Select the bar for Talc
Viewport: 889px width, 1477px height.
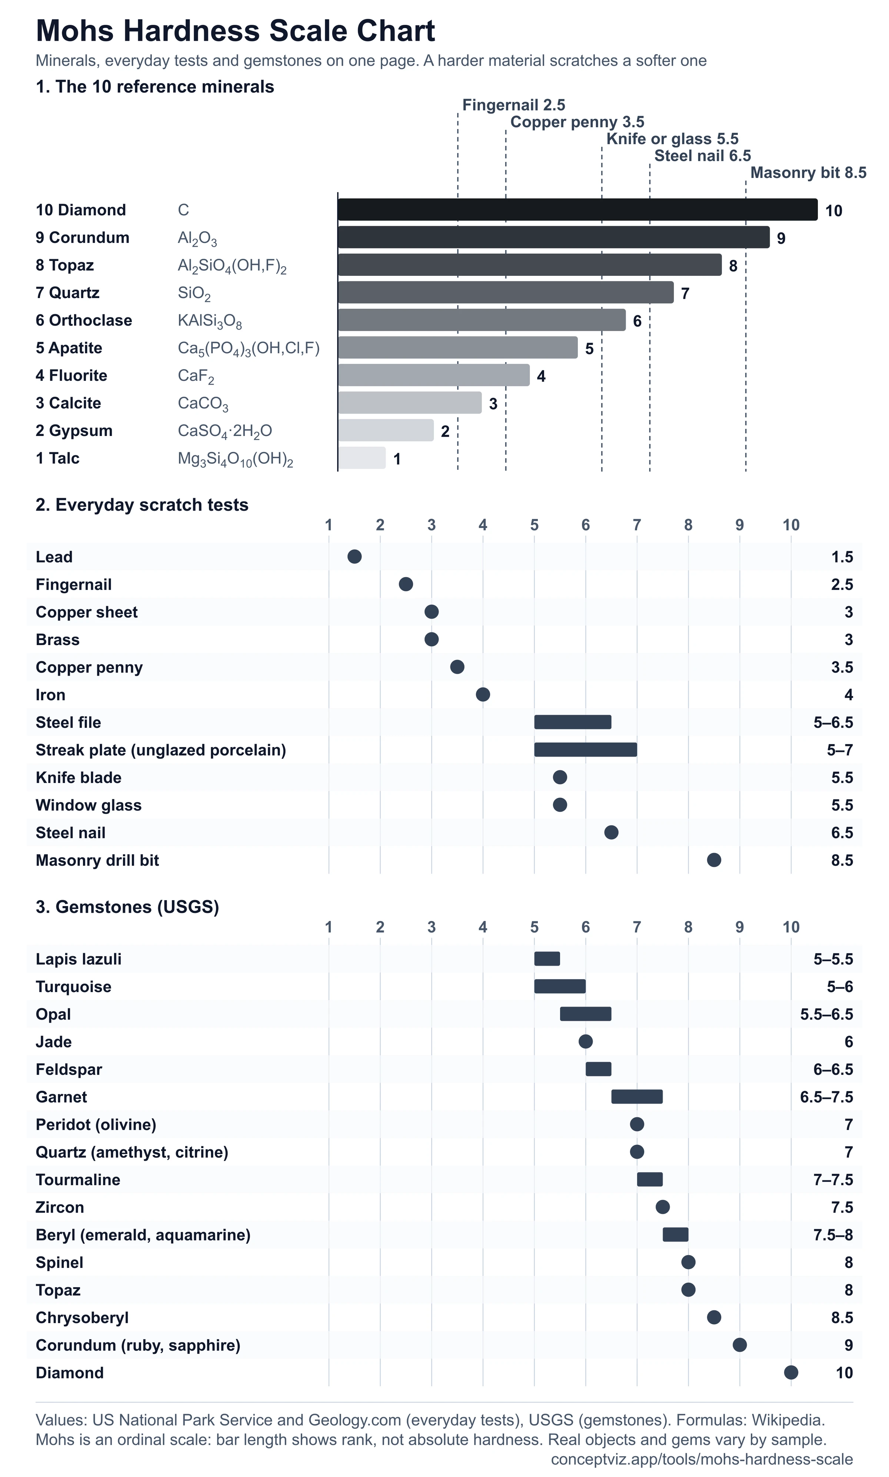point(362,458)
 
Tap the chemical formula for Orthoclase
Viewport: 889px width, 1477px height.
point(210,321)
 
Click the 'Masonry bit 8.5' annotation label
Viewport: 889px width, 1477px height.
point(808,173)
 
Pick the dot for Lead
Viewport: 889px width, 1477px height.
point(354,557)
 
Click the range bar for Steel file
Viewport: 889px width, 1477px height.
point(573,722)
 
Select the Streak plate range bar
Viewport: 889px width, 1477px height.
point(585,750)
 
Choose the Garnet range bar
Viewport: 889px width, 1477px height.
point(637,1097)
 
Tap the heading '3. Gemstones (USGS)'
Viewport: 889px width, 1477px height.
point(127,907)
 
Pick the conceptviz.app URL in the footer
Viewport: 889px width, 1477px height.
point(702,1458)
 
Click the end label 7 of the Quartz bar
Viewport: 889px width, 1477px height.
point(685,294)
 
